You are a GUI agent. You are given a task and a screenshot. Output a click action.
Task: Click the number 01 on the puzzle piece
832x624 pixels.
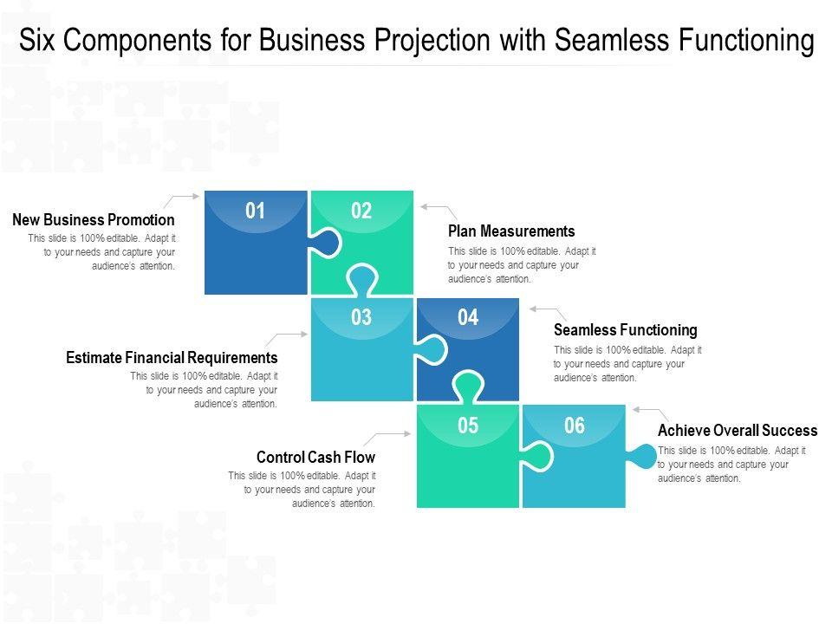coord(255,211)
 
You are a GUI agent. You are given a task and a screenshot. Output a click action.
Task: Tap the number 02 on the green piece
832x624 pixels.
coord(361,211)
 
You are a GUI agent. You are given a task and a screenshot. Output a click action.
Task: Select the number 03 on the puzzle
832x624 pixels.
coord(361,317)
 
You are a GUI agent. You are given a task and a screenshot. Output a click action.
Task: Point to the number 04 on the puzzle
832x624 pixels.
coord(468,317)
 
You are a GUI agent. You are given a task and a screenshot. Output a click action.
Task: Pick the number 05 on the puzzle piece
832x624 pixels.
coord(468,426)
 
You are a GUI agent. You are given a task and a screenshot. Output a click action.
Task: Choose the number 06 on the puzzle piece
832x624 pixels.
coord(575,426)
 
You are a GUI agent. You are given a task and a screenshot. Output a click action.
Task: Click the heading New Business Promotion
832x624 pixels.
coord(94,220)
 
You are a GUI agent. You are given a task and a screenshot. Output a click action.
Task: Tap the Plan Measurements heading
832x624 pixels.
coord(511,231)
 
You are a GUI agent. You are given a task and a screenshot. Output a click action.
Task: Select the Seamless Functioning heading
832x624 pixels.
coord(625,330)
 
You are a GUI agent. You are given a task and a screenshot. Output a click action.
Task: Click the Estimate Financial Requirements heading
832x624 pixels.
coord(172,358)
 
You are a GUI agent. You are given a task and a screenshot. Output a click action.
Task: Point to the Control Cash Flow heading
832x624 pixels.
coord(315,457)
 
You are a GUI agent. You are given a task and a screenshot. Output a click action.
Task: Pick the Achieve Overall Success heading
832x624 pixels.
coord(738,431)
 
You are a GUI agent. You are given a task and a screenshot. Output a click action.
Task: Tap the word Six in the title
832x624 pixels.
coord(38,40)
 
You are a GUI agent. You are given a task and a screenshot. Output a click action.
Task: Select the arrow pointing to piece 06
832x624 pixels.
coord(651,413)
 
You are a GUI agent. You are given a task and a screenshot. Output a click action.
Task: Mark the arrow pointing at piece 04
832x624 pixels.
coord(548,312)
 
